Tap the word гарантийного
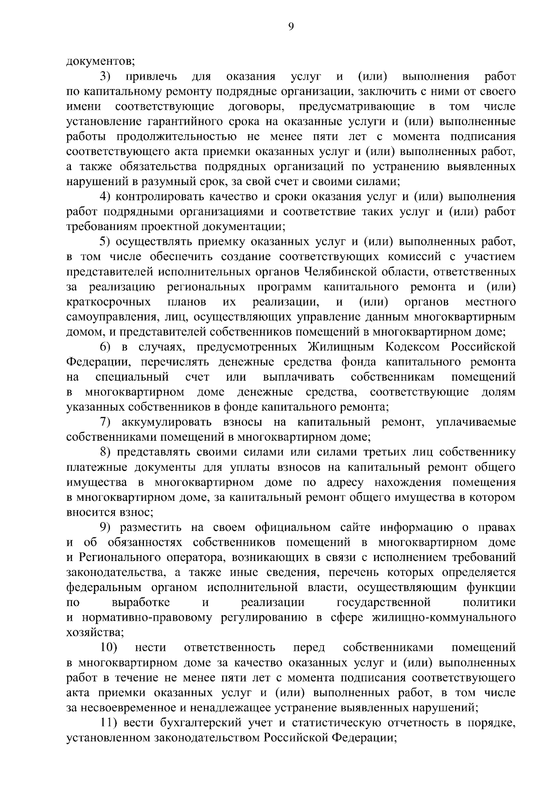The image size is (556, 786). point(183,122)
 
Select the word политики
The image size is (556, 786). point(489,603)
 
